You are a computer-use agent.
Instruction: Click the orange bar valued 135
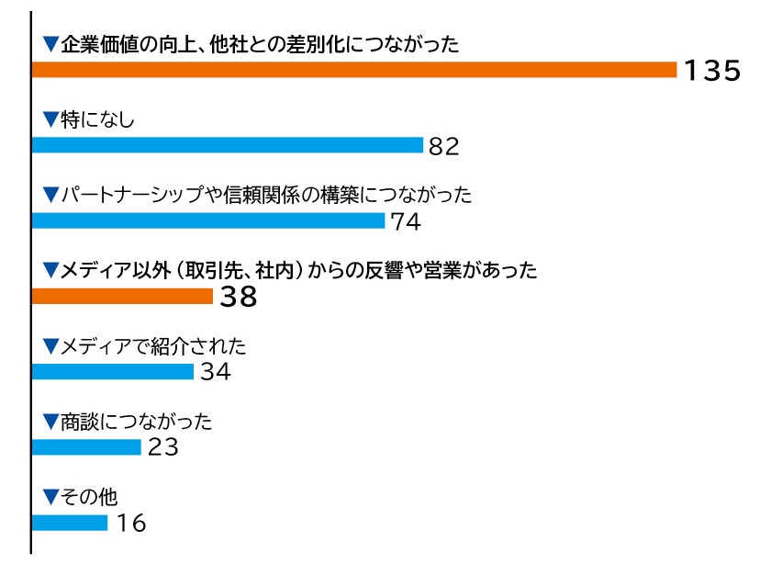[354, 70]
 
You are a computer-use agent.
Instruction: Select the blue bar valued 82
[228, 145]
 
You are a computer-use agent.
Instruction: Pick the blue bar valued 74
[208, 220]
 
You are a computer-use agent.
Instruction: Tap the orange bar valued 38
[122, 296]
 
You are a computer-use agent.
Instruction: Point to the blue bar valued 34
[113, 371]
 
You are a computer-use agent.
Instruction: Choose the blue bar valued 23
[86, 446]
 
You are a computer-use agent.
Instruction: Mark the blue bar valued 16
[70, 522]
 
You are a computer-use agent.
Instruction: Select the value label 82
[442, 146]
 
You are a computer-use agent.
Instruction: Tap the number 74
[405, 221]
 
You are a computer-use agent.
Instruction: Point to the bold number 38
[236, 297]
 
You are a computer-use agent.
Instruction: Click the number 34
[213, 372]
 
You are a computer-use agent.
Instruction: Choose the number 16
[130, 523]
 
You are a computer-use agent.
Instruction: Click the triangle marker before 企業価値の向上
[50, 43]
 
